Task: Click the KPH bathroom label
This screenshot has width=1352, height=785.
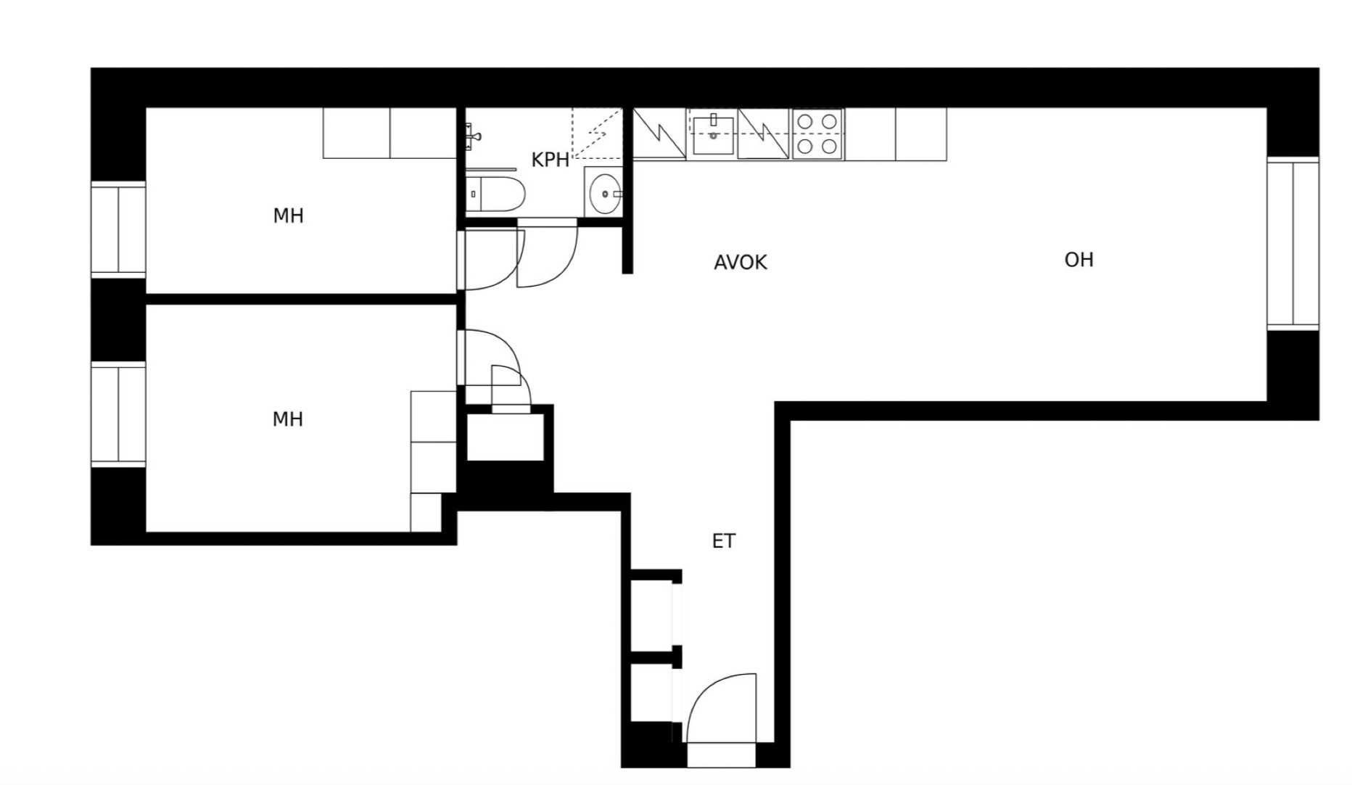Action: click(x=551, y=160)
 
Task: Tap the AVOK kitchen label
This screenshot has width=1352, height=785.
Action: click(x=740, y=262)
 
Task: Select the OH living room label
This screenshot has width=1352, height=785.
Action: click(x=1079, y=260)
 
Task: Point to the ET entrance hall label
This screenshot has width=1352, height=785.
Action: click(x=723, y=541)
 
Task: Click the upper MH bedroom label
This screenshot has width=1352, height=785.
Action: click(x=288, y=215)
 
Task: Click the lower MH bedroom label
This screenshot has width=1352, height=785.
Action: click(x=287, y=419)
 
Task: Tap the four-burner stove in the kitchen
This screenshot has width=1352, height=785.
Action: click(x=817, y=134)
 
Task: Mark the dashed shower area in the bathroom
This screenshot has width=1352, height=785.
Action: click(x=597, y=133)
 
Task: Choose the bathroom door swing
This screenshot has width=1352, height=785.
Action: click(x=547, y=254)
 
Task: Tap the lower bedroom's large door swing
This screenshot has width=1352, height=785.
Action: click(x=490, y=358)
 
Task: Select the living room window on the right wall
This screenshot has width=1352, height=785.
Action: click(x=1293, y=243)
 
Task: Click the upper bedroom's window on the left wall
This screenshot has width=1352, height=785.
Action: click(x=118, y=229)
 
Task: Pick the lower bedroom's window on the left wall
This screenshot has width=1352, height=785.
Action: click(x=118, y=414)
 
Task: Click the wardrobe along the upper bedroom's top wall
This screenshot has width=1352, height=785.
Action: click(x=389, y=133)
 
